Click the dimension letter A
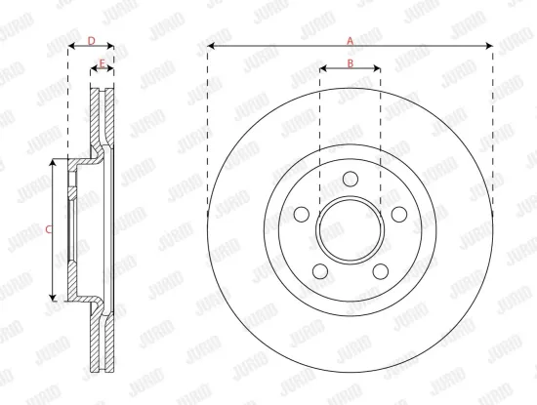tap(351, 39)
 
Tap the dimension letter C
tap(49, 229)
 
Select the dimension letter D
tap(91, 40)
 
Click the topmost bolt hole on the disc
tap(351, 180)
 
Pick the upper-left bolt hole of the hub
tap(303, 215)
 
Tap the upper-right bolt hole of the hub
tap(397, 215)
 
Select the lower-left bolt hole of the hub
tap(321, 270)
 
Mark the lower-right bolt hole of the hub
tap(380, 270)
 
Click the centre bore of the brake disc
tap(351, 230)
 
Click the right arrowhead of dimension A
tap(489, 47)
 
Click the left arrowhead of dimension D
tap(70, 47)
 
